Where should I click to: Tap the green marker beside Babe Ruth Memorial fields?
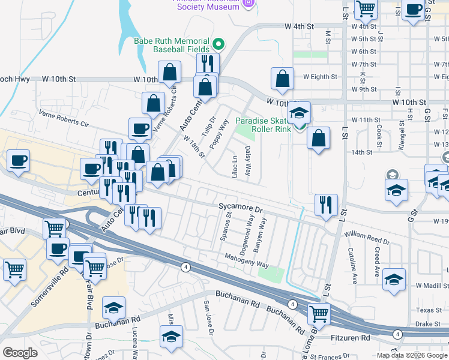click(x=218, y=44)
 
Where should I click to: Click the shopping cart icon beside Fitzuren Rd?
click(x=319, y=313)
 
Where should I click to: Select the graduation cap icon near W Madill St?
click(x=394, y=280)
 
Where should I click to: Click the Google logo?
click(x=20, y=353)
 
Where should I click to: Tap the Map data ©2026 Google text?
click(x=412, y=355)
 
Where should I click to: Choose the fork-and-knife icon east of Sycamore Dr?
click(x=326, y=205)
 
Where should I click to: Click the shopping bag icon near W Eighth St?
click(x=282, y=79)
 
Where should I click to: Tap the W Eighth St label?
click(x=320, y=77)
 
